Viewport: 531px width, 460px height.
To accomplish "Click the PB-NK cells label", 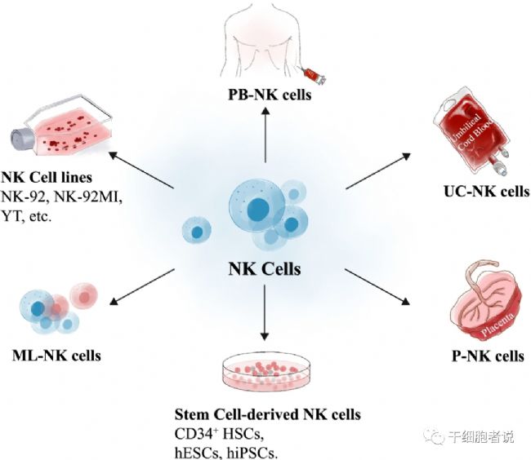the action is click(x=270, y=95).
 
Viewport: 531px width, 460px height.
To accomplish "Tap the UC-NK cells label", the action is click(x=487, y=192).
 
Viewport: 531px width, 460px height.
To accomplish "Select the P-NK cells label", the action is click(x=488, y=356).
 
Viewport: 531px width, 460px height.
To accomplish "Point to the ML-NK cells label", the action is click(x=56, y=356).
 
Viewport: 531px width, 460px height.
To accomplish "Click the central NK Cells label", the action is click(x=265, y=269).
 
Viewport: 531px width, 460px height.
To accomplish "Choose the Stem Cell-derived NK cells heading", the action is click(x=267, y=414).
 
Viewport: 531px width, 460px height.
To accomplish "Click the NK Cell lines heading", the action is click(x=47, y=178).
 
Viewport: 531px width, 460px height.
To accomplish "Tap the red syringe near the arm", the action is click(x=315, y=75).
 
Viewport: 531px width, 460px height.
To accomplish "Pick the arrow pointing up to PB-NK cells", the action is click(x=265, y=135).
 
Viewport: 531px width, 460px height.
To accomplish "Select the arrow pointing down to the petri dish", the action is click(x=265, y=312).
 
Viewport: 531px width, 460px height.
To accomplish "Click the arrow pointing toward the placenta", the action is click(x=377, y=287).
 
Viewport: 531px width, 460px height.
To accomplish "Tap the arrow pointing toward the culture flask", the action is click(x=141, y=170).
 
